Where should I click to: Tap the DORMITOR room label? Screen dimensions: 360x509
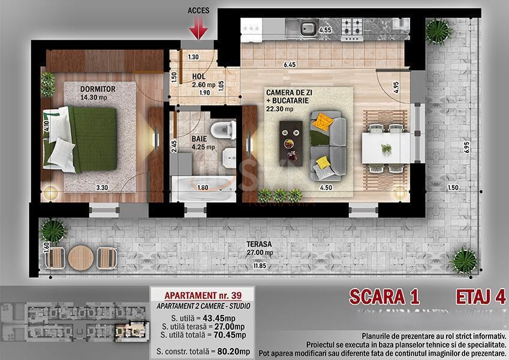(97, 89)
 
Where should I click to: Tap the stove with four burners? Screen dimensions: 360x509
(352, 26)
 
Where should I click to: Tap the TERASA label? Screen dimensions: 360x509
(261, 244)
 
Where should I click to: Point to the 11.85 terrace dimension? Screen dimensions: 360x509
(260, 266)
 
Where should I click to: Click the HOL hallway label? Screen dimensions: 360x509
(199, 77)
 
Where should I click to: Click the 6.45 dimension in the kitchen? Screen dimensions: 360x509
(290, 64)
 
